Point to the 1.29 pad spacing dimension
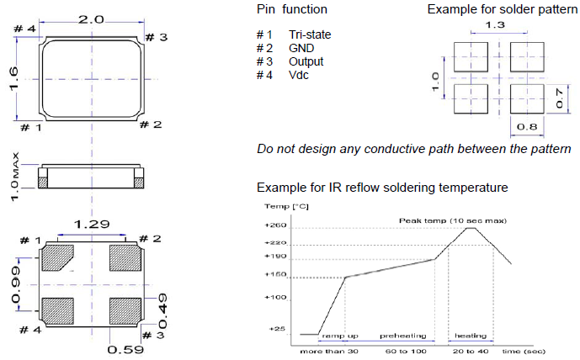91,225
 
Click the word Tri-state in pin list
310,34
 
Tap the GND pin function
301,48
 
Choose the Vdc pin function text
300,76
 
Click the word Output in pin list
306,61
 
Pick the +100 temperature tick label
276,297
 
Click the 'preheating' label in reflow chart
402,336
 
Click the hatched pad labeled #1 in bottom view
60,256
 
